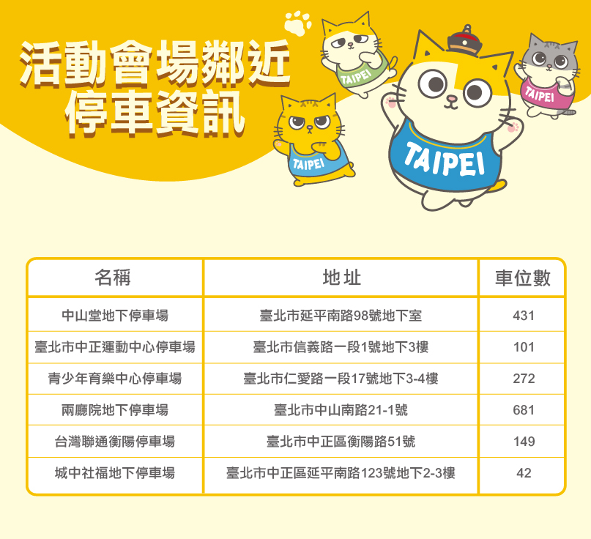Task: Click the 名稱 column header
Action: [112, 278]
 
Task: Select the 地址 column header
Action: [341, 278]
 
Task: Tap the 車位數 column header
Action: [523, 278]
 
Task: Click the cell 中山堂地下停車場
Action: [115, 316]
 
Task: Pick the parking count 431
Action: [524, 316]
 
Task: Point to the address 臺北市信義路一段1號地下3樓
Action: [341, 347]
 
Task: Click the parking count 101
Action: [524, 347]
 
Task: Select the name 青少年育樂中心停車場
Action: [115, 379]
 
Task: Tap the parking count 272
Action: [524, 379]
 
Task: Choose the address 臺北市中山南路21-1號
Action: [341, 409]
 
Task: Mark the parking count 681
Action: [524, 410]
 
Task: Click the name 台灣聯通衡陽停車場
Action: [115, 442]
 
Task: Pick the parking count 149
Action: [524, 442]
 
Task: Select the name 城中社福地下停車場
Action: [115, 472]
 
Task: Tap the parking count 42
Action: [524, 473]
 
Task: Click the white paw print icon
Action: [298, 23]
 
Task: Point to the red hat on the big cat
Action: [465, 41]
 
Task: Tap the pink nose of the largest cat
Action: [452, 99]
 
